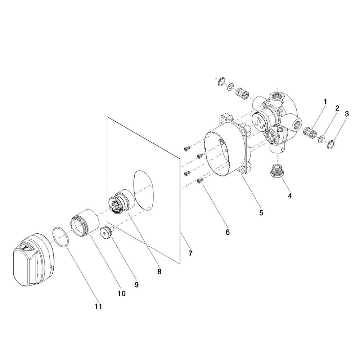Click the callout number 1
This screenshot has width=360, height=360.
pyautogui.click(x=325, y=101)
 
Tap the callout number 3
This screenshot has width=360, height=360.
pyautogui.click(x=347, y=114)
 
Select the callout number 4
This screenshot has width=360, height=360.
pyautogui.click(x=290, y=196)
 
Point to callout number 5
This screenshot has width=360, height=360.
pyautogui.click(x=261, y=213)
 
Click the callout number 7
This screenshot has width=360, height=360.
pyautogui.click(x=190, y=253)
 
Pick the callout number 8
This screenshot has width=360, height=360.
pyautogui.click(x=159, y=271)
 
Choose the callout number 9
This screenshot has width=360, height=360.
pyautogui.click(x=136, y=285)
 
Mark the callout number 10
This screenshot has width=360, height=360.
pyautogui.click(x=122, y=293)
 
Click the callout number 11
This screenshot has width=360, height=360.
pyautogui.click(x=98, y=306)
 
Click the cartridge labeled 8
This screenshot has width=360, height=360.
pyautogui.click(x=121, y=202)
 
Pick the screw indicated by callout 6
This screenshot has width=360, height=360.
pyautogui.click(x=199, y=181)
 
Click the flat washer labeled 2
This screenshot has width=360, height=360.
pyautogui.click(x=321, y=139)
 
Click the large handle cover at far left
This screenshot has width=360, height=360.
pyautogui.click(x=34, y=260)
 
